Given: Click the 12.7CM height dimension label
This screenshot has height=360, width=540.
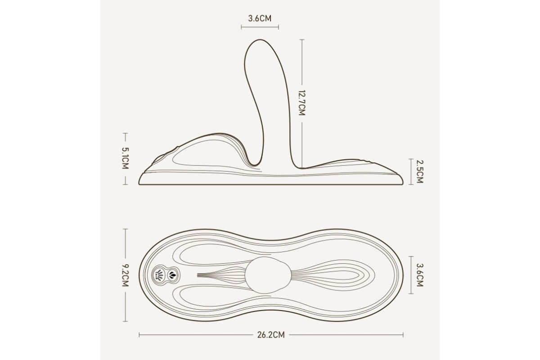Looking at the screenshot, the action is tap(302, 103).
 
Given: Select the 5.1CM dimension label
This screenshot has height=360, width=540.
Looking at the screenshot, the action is tap(126, 158).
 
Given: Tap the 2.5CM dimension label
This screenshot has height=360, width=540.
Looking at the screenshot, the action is tap(419, 172).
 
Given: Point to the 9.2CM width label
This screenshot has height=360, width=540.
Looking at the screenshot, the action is tap(126, 275).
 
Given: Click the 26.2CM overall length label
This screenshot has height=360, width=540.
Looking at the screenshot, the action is tap(271, 335).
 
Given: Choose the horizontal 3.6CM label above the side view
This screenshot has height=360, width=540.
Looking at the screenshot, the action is tap(260, 18).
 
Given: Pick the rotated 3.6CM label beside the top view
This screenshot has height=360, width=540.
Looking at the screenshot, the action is tap(420, 275).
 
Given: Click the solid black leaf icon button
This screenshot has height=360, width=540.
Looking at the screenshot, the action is tap(172, 274).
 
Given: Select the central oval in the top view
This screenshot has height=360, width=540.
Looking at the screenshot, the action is tap(268, 275).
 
